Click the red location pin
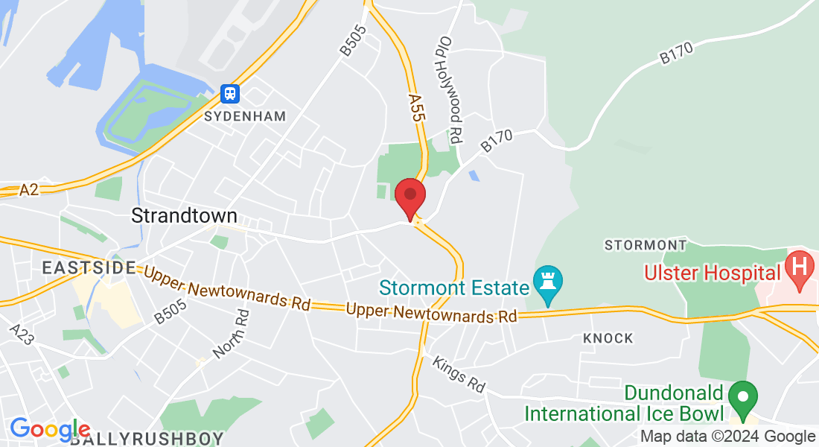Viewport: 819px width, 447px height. [409, 196]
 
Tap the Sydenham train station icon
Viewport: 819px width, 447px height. [231, 93]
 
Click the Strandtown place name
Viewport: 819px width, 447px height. [184, 216]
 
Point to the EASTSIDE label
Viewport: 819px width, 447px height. [89, 267]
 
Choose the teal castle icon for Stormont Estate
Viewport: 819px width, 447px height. [548, 285]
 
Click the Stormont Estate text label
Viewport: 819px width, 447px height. [453, 287]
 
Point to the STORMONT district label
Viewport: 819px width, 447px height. [646, 244]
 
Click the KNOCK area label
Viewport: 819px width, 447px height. [608, 338]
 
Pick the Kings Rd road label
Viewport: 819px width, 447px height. [459, 374]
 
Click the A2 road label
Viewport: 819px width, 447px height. [29, 190]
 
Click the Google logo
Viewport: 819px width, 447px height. [50, 429]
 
